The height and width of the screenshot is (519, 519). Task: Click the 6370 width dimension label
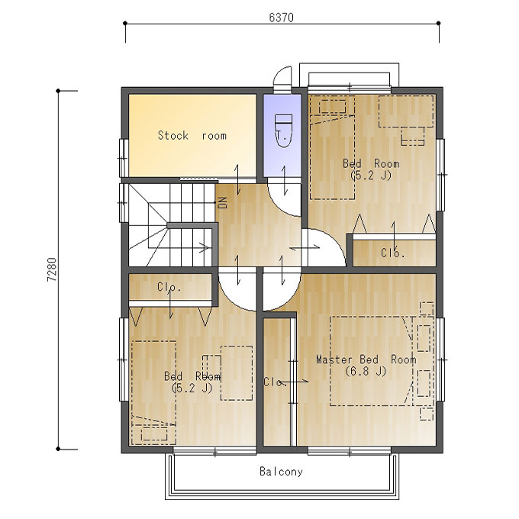[281, 18]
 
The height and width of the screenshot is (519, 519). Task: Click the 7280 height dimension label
[52, 269]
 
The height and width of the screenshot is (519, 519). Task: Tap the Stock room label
[192, 135]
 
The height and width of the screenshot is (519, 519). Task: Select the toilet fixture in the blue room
[283, 131]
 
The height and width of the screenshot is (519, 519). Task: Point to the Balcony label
[281, 471]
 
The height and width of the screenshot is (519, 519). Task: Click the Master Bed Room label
[366, 359]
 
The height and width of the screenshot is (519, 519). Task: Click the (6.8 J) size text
[366, 371]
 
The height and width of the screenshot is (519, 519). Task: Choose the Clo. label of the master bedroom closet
[275, 382]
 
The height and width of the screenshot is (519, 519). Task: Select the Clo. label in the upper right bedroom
[393, 253]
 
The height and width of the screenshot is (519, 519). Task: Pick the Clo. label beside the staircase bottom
[169, 287]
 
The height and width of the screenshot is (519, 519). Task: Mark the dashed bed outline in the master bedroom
[372, 361]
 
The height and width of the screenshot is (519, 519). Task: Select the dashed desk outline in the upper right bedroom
[406, 111]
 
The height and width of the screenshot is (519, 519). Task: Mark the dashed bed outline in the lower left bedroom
[154, 392]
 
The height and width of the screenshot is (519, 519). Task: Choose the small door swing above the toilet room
[282, 76]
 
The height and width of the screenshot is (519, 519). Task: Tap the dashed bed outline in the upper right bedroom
[332, 147]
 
